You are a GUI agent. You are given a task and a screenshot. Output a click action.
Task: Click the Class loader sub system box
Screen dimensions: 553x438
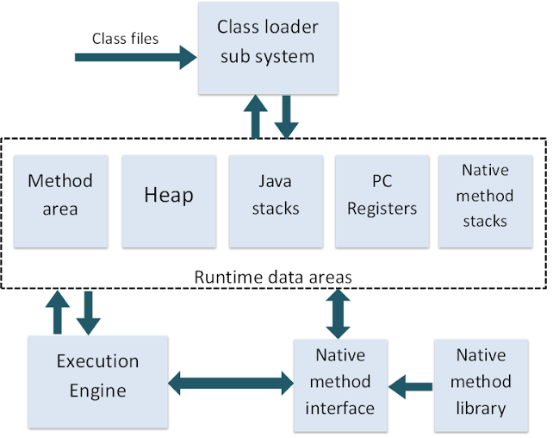tap(268, 48)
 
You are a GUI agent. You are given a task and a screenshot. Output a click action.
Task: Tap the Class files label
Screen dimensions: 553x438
tap(125, 39)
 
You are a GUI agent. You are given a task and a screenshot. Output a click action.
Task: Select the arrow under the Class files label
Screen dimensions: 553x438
tap(136, 57)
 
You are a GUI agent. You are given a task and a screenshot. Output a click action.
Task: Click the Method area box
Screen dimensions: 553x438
tap(60, 201)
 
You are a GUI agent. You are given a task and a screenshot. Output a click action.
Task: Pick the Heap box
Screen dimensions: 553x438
tap(169, 201)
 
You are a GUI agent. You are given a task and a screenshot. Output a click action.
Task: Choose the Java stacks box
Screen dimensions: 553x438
tap(276, 201)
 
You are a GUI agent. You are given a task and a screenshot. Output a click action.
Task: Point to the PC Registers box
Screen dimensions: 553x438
tap(382, 201)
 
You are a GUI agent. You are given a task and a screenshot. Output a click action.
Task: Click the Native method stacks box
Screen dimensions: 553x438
tap(485, 201)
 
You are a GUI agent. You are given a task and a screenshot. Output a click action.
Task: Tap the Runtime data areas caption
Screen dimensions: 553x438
tap(273, 277)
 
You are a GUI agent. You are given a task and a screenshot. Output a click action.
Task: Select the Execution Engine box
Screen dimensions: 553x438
tap(97, 382)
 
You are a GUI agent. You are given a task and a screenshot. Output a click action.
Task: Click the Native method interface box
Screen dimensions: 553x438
tap(340, 385)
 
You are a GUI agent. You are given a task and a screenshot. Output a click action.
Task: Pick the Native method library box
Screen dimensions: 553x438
tap(481, 385)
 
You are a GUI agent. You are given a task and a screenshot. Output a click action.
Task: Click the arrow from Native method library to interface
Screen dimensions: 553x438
tap(411, 387)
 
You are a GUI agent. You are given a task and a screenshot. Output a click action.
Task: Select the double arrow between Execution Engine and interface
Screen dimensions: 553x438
tap(231, 383)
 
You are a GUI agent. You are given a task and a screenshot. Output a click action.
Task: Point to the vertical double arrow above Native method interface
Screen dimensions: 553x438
tap(338, 314)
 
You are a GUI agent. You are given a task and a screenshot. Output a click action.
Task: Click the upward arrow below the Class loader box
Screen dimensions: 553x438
tap(256, 116)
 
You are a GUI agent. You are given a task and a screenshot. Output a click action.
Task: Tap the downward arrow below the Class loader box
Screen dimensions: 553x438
tap(286, 116)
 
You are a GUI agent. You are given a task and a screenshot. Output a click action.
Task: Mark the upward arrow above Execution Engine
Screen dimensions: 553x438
tap(58, 312)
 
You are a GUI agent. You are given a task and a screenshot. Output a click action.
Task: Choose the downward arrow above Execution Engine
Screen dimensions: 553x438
tap(88, 313)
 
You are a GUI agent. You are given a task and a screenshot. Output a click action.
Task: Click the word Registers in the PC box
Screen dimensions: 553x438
tap(382, 209)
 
